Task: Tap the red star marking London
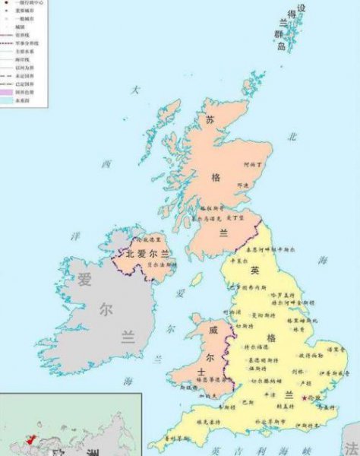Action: coord(304,398)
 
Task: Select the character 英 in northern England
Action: coord(255,270)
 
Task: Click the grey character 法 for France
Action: coord(351,448)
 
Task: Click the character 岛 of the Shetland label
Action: coord(281,47)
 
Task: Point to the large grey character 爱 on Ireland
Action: coord(84,279)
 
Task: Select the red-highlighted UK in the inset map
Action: coord(30,440)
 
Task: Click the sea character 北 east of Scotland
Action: coord(292,137)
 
